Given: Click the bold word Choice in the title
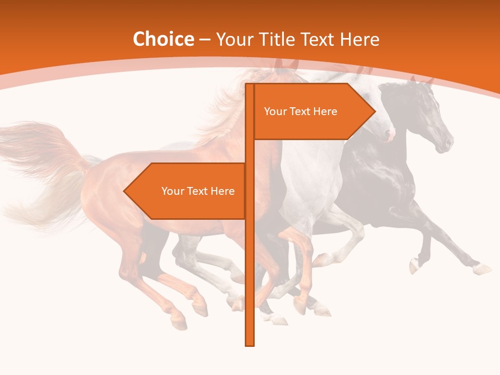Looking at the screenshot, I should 163,40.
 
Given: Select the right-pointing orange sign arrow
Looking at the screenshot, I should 312,111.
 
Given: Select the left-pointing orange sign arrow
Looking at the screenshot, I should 187,191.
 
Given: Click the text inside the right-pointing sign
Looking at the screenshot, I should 301,111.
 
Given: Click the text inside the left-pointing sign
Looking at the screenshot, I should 198,191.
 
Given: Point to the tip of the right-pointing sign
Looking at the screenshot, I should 374,111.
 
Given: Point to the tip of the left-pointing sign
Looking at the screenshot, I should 124,191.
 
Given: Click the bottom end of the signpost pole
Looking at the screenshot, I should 250,344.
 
